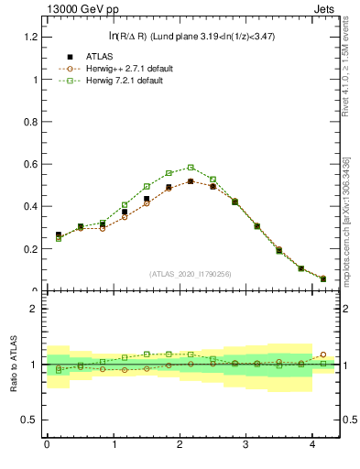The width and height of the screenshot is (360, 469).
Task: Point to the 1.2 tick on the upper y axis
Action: coord(29,37)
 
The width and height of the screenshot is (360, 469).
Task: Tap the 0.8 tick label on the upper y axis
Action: coord(29,122)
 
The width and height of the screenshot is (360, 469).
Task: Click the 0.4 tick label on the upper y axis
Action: coord(29,206)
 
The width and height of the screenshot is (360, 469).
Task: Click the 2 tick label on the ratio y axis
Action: coord(33,309)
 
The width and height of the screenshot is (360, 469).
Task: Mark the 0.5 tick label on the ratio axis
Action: coord(29,420)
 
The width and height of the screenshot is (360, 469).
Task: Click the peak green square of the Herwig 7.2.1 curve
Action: coord(191,168)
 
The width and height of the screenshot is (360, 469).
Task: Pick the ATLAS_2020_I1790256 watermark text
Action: coord(191,274)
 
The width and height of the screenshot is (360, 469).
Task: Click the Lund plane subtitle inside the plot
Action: coord(191,36)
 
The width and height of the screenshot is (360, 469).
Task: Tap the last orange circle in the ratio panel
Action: coord(322,354)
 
